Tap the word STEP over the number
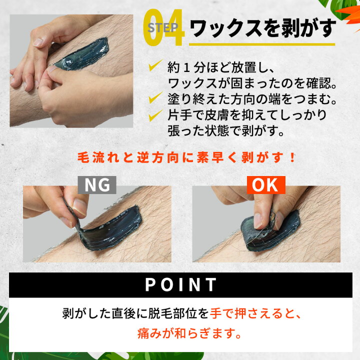pyautogui.click(x=163, y=27)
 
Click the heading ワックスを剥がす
pyautogui.click(x=263, y=29)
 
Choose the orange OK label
pyautogui.click(x=265, y=185)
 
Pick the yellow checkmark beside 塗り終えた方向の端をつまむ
pyautogui.click(x=155, y=97)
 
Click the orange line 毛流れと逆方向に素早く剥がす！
pyautogui.click(x=186, y=158)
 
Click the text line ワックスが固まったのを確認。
pyautogui.click(x=253, y=81)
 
